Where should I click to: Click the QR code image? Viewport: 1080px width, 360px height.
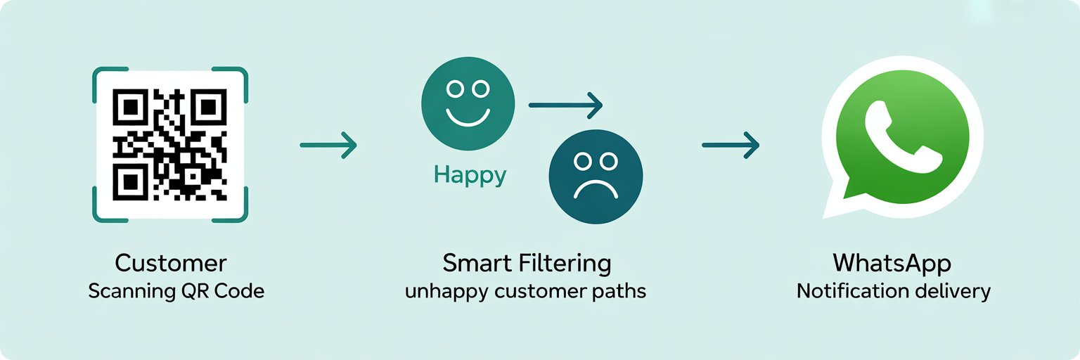pyautogui.click(x=170, y=144)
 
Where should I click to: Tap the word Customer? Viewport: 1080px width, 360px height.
pyautogui.click(x=171, y=264)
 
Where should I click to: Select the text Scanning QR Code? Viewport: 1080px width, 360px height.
pyautogui.click(x=176, y=291)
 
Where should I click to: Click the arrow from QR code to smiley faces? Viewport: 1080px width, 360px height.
pyautogui.click(x=328, y=146)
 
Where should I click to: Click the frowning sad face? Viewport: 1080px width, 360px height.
pyautogui.click(x=595, y=176)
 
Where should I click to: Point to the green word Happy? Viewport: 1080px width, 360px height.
pyautogui.click(x=470, y=175)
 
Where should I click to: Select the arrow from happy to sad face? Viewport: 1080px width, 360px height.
pyautogui.click(x=565, y=106)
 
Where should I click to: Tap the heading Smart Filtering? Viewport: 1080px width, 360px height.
pyautogui.click(x=527, y=264)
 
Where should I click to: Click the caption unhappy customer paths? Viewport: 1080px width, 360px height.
pyautogui.click(x=525, y=291)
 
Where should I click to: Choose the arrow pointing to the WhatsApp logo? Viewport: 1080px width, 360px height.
pyautogui.click(x=731, y=146)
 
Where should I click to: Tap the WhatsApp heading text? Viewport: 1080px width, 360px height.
pyautogui.click(x=892, y=264)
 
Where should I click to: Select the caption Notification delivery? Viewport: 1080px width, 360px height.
pyautogui.click(x=893, y=291)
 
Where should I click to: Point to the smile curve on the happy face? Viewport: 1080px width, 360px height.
pyautogui.click(x=468, y=118)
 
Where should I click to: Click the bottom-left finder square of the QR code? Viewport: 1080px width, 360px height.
pyautogui.click(x=129, y=182)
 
